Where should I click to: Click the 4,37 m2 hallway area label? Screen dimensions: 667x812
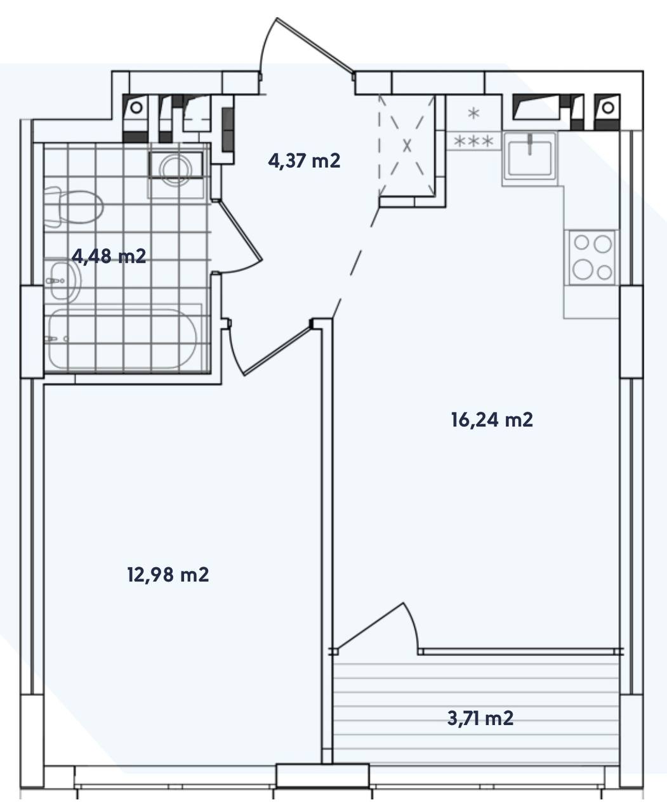304,161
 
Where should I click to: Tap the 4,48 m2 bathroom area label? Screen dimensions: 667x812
109,256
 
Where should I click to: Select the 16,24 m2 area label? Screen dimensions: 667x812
492,420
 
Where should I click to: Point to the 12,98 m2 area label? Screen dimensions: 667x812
168,575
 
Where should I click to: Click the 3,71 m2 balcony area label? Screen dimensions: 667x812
480,718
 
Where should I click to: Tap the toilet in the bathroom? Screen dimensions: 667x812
73,207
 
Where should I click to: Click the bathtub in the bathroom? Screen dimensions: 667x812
122,339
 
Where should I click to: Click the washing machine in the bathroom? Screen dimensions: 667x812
176,169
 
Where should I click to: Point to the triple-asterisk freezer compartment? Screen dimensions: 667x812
473,141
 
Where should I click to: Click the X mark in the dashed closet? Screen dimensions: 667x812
407,145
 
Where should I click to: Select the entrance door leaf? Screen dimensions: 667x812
315,45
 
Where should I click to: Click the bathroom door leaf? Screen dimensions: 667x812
240,231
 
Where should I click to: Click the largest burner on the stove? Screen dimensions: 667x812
583,269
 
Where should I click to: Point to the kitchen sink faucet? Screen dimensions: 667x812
530,145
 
